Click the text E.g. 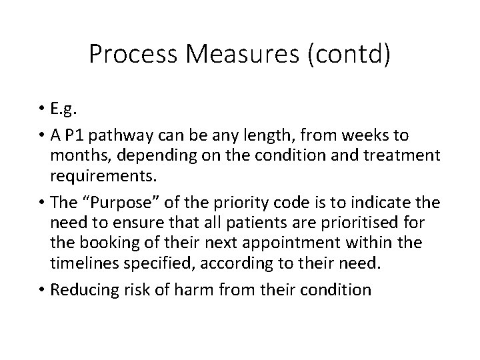tap(57, 109)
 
